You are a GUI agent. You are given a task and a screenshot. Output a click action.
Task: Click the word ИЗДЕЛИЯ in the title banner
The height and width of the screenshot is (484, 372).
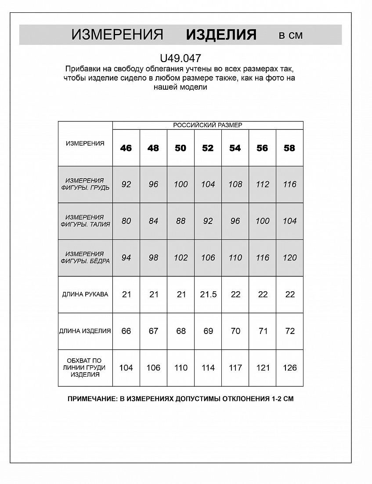tap(221, 35)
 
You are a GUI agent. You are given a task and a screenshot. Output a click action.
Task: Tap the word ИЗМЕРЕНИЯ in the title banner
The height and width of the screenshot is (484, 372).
tap(117, 35)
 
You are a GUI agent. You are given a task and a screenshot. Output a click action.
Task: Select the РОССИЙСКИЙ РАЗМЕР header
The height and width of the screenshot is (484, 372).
tap(208, 125)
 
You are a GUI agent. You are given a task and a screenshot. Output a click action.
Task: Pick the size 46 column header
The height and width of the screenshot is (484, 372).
tap(126, 148)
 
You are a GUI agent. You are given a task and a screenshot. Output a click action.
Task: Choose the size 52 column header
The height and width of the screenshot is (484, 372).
tap(208, 148)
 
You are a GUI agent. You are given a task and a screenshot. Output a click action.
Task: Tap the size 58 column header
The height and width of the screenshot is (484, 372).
tap(289, 148)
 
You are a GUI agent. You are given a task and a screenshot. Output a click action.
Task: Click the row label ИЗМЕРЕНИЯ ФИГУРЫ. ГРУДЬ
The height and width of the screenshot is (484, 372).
tap(85, 184)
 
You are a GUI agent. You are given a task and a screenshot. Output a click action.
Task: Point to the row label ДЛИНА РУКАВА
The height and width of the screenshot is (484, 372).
tap(85, 294)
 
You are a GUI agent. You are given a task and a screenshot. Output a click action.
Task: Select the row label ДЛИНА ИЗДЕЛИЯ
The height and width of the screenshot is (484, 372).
tap(85, 331)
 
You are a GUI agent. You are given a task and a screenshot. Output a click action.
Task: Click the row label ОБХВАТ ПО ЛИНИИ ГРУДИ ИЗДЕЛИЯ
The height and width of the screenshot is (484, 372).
tap(85, 368)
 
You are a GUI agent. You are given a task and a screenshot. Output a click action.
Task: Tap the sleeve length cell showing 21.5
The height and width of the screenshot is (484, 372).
tap(208, 294)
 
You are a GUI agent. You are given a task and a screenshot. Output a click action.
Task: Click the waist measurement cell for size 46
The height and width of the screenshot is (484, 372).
tap(126, 221)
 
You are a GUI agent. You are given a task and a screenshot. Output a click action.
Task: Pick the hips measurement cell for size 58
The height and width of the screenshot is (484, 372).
tap(290, 258)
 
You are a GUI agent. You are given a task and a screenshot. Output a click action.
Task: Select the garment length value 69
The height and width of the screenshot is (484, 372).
tap(208, 331)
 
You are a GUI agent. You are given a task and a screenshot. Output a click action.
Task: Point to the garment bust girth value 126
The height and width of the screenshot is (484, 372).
tap(290, 368)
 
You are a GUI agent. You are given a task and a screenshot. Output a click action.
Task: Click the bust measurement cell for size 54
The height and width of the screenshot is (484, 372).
tap(235, 184)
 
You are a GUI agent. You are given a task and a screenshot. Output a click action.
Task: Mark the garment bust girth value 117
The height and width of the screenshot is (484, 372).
tap(235, 368)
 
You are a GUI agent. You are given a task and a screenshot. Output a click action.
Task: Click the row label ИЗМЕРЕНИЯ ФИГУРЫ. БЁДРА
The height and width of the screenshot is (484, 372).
tap(85, 257)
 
